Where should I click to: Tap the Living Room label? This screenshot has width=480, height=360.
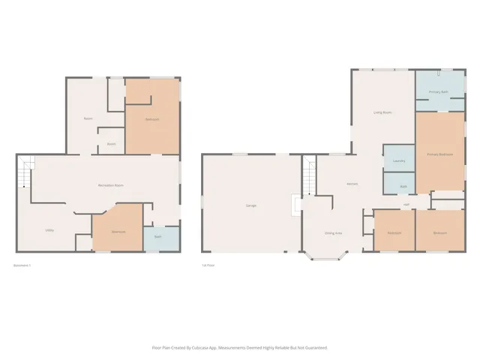(x=382, y=112)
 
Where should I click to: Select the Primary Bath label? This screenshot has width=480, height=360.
(x=439, y=92)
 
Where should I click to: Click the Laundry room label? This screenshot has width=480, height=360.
(x=399, y=160)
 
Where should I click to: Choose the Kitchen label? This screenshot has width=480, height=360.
(x=351, y=184)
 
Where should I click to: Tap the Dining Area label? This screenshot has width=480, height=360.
(x=333, y=233)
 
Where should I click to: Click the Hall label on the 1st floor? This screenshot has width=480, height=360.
(x=406, y=205)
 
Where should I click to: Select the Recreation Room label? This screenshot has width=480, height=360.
(x=111, y=185)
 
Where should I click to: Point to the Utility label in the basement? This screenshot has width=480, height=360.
(x=49, y=230)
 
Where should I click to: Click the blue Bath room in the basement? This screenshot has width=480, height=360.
(x=157, y=238)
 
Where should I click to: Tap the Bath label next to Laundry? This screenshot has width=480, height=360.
(x=403, y=186)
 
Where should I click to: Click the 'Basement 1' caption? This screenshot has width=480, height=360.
(x=23, y=265)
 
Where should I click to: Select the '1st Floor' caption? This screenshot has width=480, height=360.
(x=209, y=265)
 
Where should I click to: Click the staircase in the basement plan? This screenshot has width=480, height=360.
(x=25, y=172)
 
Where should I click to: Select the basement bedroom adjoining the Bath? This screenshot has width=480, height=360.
(x=118, y=231)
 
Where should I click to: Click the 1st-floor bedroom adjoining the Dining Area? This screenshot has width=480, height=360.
(x=393, y=232)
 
